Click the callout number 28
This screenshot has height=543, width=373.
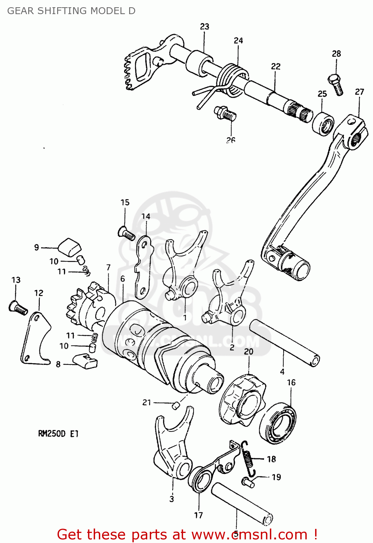(x=336, y=54)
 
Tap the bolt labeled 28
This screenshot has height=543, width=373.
(x=336, y=84)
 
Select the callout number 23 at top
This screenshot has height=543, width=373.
(x=204, y=26)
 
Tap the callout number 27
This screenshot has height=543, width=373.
(x=359, y=92)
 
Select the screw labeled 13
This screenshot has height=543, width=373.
(x=18, y=308)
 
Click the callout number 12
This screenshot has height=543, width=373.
(x=39, y=293)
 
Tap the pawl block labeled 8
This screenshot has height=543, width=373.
(x=85, y=361)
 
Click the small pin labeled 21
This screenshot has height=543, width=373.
(x=175, y=405)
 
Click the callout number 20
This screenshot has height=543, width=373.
(x=249, y=352)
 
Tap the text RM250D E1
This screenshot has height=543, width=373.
(x=58, y=433)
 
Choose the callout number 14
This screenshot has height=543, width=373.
(x=146, y=216)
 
